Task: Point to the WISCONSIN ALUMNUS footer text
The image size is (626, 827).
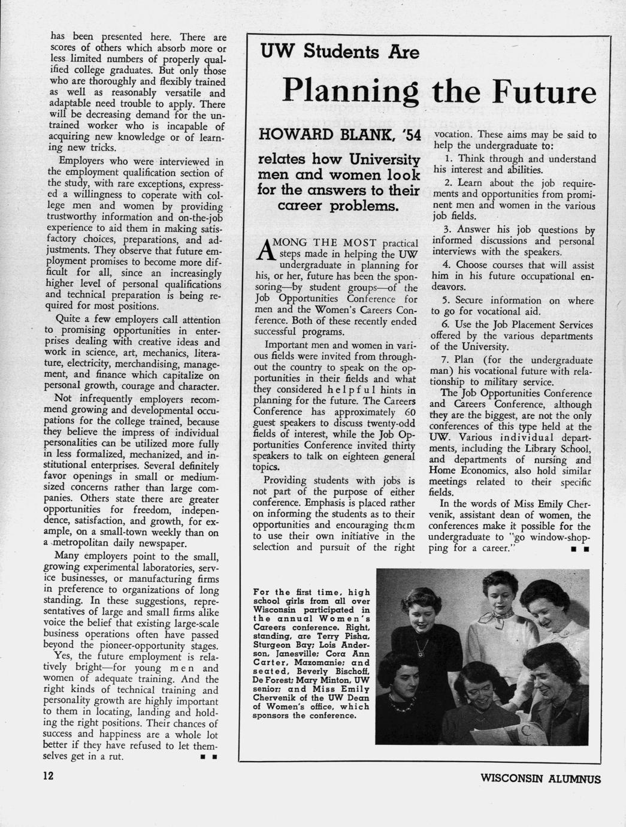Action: point(540,779)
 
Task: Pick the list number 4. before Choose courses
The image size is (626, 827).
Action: point(447,265)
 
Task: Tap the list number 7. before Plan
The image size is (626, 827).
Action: point(446,361)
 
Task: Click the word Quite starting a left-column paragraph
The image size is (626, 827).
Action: point(68,320)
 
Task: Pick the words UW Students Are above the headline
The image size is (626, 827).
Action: point(340,53)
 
